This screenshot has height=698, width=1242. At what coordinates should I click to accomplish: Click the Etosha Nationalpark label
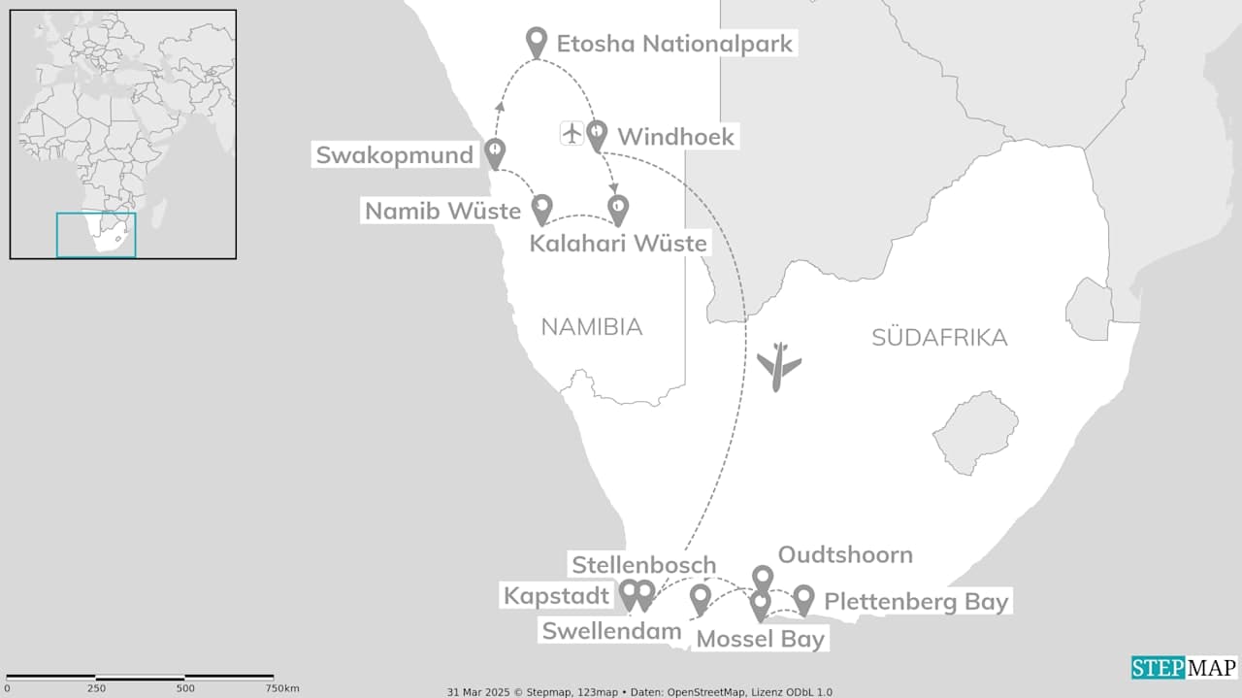[674, 44]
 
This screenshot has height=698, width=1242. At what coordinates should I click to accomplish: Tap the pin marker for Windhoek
[597, 134]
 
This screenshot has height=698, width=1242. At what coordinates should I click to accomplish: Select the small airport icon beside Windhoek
[572, 133]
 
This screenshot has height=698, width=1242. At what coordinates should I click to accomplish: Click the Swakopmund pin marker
[496, 151]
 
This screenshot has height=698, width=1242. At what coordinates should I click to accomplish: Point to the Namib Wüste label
[442, 210]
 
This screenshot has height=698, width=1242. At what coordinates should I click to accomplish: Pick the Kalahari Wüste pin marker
[618, 208]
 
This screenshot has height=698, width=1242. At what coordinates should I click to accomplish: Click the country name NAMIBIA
[592, 327]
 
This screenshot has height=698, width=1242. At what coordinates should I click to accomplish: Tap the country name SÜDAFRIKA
[939, 338]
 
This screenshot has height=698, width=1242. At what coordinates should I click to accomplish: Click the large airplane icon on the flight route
[778, 366]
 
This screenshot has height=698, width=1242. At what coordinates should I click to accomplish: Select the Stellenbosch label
[643, 565]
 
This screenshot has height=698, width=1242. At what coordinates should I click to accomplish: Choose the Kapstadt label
[556, 595]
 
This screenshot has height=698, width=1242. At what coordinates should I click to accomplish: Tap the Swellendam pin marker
[700, 598]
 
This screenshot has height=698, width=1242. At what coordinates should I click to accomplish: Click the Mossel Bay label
[761, 639]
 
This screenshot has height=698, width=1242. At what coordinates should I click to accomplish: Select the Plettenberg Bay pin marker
[803, 598]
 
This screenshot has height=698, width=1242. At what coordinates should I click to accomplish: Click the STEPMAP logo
[1183, 668]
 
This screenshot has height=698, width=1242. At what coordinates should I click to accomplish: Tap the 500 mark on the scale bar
[185, 687]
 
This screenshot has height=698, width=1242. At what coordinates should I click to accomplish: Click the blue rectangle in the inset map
[96, 235]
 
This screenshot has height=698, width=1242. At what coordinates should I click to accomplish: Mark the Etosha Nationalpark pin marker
[537, 41]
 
